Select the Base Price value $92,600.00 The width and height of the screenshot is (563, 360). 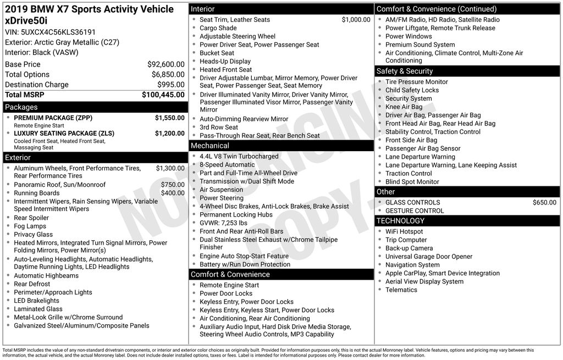point(165,64)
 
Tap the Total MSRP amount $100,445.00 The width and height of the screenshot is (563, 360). point(163,95)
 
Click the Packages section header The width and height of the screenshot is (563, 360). point(21,107)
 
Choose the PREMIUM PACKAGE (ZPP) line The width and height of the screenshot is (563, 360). point(53,118)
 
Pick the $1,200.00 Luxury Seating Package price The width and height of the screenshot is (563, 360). point(169,134)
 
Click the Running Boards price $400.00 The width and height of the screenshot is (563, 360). point(173,193)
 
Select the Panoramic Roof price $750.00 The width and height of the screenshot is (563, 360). point(173,185)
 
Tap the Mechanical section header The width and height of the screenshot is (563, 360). point(210,146)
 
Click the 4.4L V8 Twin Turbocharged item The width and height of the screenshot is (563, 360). point(239,157)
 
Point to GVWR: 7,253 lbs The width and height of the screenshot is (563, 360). point(223,223)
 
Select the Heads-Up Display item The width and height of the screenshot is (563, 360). point(225,62)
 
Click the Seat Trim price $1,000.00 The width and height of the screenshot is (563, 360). point(356,20)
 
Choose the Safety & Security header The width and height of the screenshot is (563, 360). point(405,71)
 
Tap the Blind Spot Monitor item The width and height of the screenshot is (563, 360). point(412,182)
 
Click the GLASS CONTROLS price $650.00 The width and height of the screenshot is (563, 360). point(544,203)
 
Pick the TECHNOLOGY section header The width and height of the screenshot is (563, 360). point(400,221)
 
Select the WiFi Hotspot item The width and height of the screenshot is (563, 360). point(404,232)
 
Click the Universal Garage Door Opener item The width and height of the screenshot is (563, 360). point(429,257)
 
